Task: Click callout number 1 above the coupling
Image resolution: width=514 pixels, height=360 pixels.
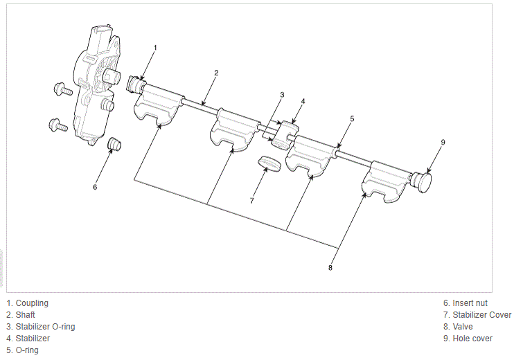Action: [155, 48]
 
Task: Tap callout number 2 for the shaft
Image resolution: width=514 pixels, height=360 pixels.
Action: [216, 73]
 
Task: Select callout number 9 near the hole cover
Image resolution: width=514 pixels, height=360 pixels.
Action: [443, 142]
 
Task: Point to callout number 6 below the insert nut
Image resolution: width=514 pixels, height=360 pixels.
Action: [95, 187]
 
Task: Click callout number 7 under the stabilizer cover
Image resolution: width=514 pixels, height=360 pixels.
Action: [251, 201]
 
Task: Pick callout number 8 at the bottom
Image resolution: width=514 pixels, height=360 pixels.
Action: [330, 268]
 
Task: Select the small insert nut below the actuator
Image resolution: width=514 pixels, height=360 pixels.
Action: [114, 144]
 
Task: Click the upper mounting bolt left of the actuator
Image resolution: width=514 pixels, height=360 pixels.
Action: [63, 89]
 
